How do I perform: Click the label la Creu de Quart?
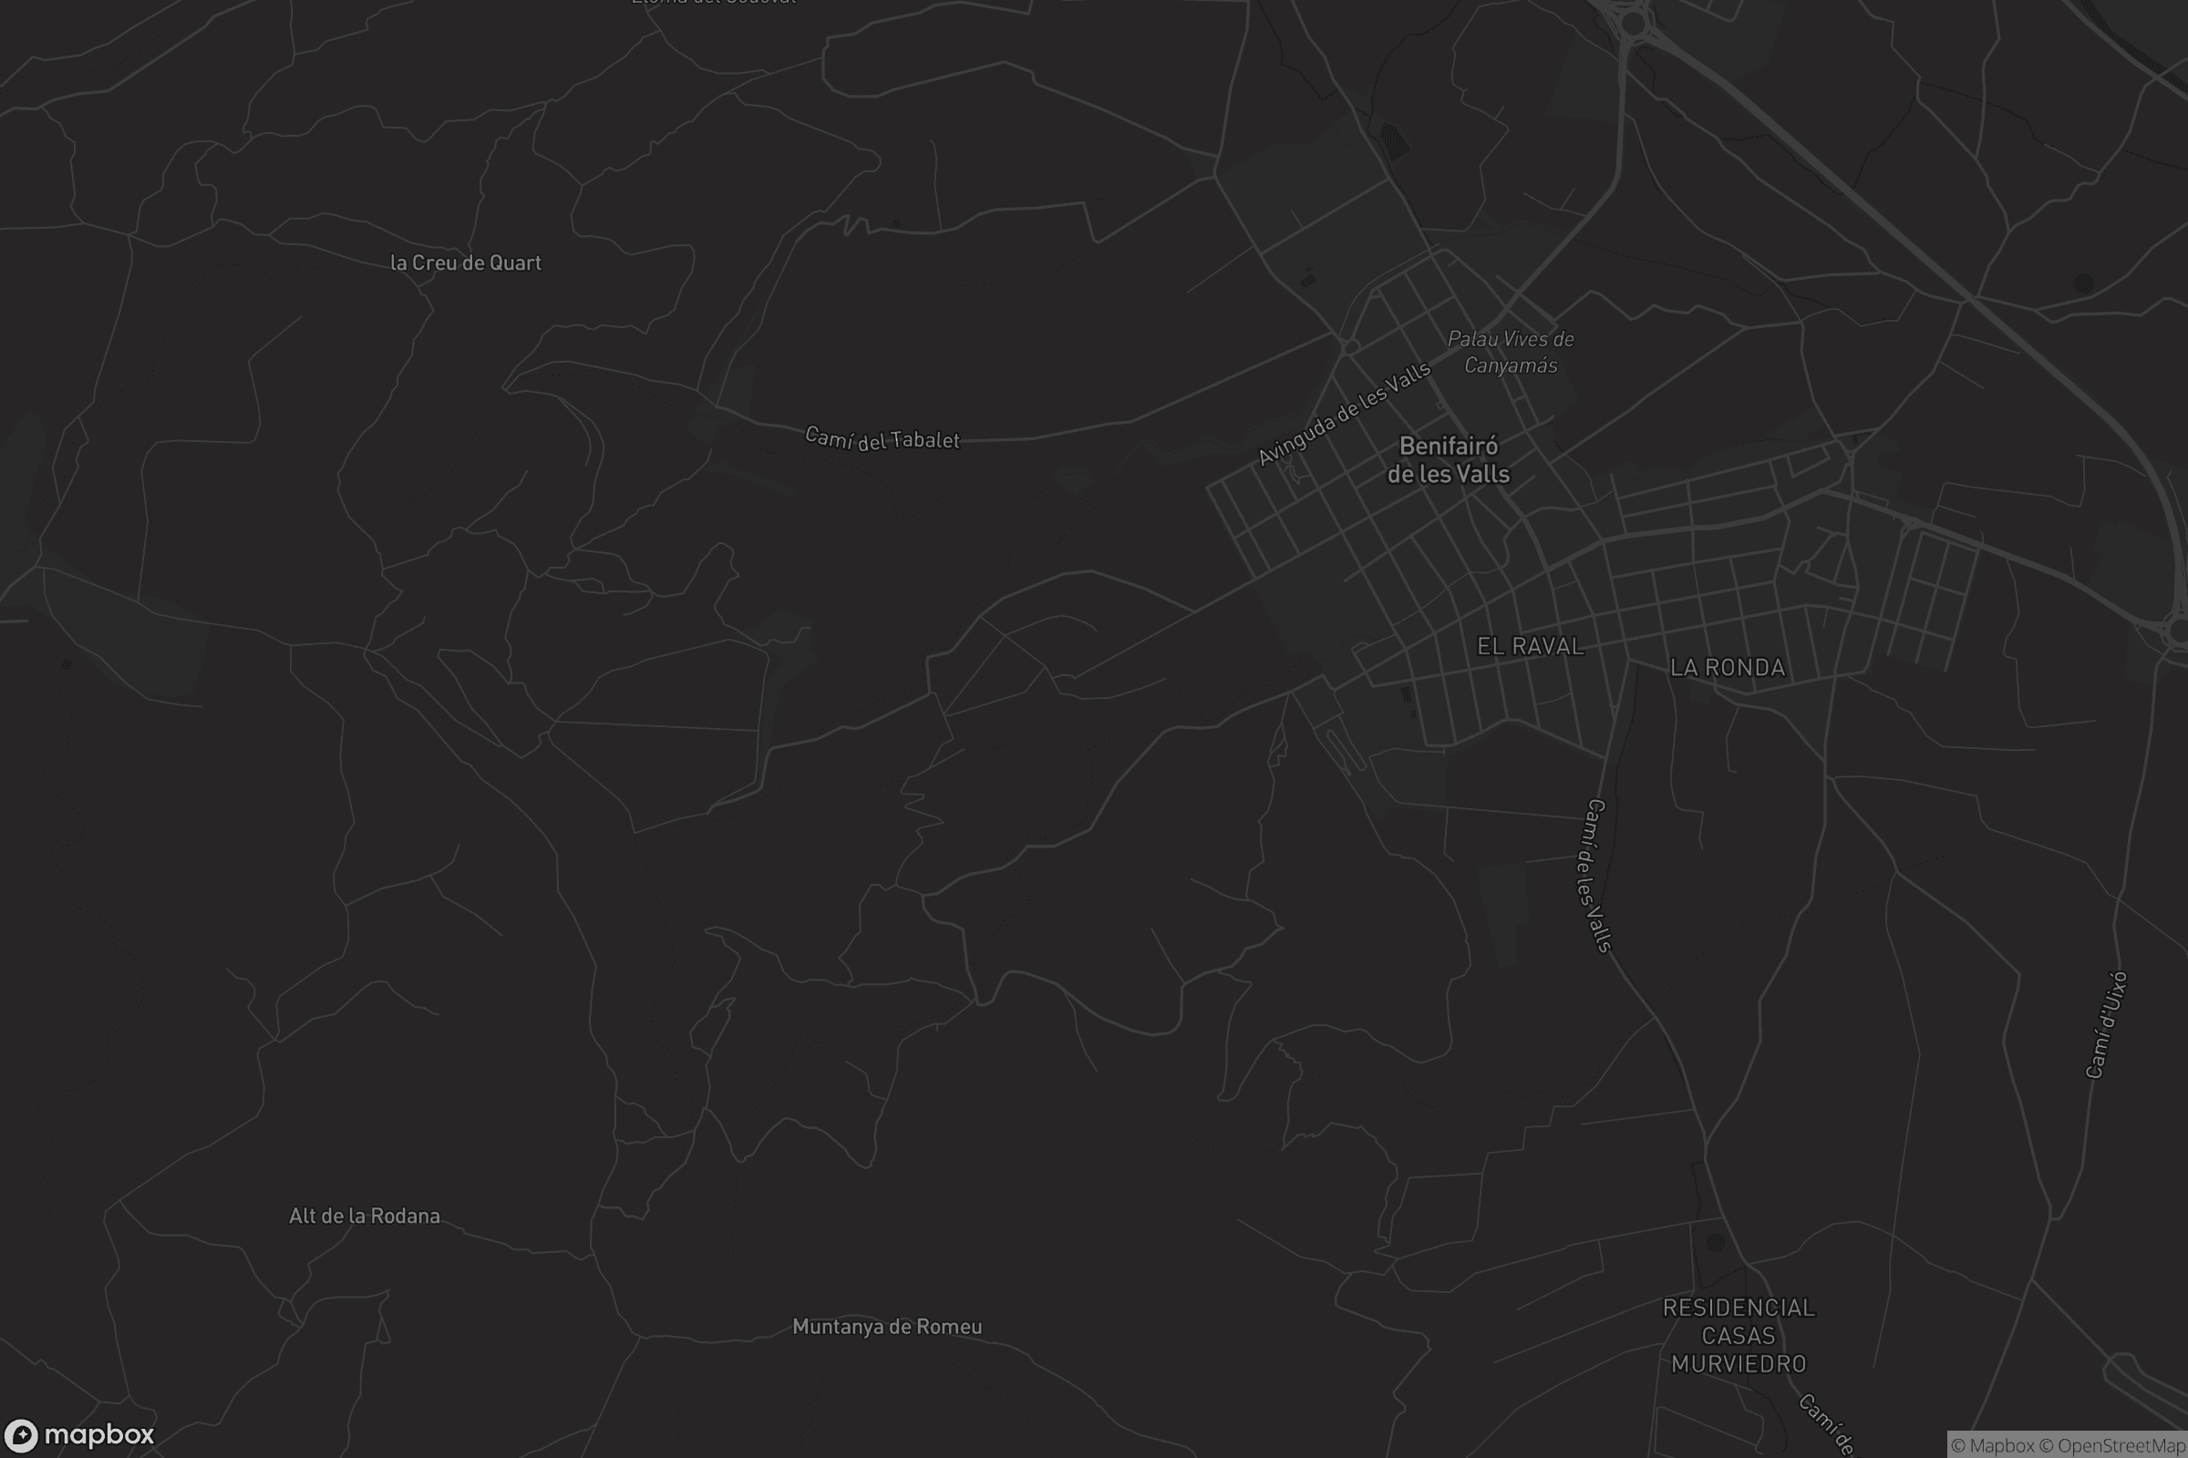(465, 263)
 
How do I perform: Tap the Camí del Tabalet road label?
(882, 439)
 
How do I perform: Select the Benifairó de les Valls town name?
(1449, 460)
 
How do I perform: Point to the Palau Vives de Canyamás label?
(1511, 353)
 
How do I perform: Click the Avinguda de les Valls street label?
(1344, 414)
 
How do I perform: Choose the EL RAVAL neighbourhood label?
(1531, 646)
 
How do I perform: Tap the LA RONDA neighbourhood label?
(1728, 668)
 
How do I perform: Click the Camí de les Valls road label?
(1592, 876)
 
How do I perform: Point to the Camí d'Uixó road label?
(2107, 1024)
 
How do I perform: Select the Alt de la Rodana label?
(365, 1217)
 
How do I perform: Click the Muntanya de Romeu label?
(886, 1327)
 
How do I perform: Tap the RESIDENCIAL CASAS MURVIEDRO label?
(1739, 1335)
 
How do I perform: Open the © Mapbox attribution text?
(1993, 1446)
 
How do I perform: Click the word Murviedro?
(1739, 1364)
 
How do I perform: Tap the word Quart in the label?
(515, 263)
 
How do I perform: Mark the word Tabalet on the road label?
(924, 441)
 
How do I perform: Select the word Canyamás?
(1511, 365)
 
